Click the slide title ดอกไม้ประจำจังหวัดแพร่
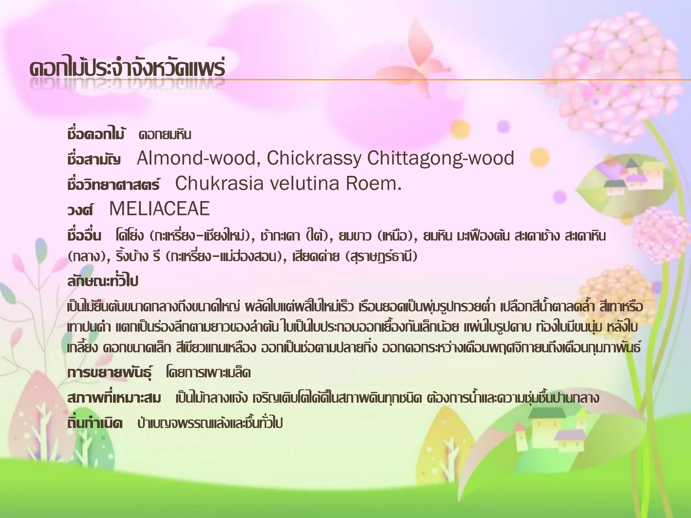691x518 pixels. click(127, 69)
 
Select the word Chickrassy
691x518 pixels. click(314, 158)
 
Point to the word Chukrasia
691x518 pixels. click(219, 184)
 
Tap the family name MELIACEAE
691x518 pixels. click(160, 209)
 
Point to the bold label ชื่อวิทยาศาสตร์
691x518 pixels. click(113, 185)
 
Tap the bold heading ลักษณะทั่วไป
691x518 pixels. click(103, 281)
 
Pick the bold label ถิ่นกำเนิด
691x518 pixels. click(95, 423)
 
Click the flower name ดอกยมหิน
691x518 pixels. click(165, 135)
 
